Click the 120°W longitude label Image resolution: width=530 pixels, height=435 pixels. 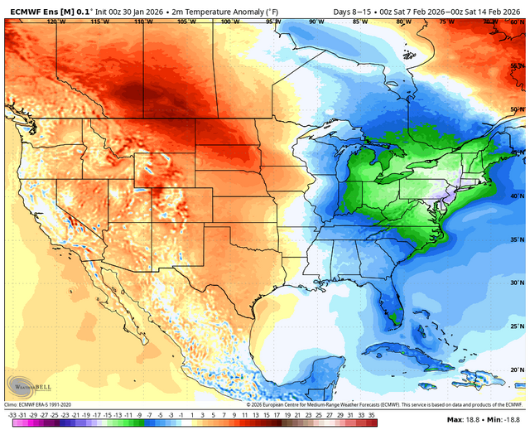coord(56,22)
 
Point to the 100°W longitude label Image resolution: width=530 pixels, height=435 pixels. coord(225,22)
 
